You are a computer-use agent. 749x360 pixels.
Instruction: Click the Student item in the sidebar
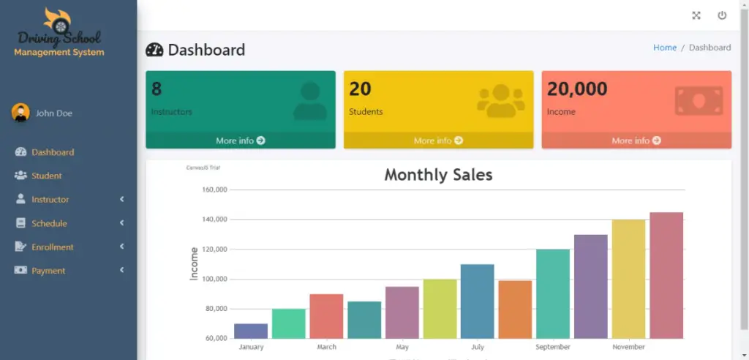pos(46,176)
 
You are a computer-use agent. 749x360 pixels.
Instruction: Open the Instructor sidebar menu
pos(50,200)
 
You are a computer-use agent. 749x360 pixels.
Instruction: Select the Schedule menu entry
pos(49,223)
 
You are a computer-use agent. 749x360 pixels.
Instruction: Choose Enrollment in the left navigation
pos(52,247)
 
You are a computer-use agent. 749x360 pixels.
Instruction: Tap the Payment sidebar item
pos(48,271)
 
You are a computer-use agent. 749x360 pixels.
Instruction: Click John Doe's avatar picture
pos(20,113)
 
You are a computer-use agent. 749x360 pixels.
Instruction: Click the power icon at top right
pos(722,15)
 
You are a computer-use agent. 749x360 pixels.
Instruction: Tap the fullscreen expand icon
pos(696,15)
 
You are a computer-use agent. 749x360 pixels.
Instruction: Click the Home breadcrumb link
pos(664,48)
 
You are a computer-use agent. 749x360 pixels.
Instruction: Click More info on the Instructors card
pos(240,140)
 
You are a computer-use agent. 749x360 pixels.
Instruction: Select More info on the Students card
pos(438,140)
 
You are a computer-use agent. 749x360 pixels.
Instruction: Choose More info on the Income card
pos(636,140)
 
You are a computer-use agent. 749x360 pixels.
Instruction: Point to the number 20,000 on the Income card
pos(577,89)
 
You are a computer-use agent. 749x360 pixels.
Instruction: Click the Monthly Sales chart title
pos(438,175)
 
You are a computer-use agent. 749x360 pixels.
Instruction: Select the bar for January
pos(251,331)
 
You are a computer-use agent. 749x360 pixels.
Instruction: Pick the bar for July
pos(477,301)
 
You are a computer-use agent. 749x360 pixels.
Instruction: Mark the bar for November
pos(628,279)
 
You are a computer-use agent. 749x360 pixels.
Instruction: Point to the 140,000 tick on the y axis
pos(214,220)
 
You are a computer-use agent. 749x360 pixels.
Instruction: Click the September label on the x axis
pos(553,347)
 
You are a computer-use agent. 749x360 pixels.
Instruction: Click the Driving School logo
pos(59,33)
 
